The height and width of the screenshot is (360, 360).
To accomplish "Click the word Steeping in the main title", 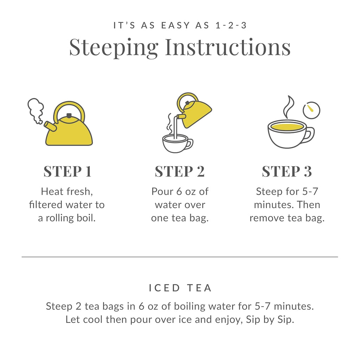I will tap(114, 47).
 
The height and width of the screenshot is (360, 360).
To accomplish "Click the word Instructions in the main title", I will tap(228, 47).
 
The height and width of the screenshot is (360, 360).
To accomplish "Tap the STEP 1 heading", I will tap(67, 172).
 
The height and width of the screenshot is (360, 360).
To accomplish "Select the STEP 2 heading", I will tap(180, 172).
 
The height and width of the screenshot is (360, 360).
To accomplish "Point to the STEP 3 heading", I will tap(287, 172).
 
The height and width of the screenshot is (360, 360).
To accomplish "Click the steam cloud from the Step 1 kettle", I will tap(35, 110).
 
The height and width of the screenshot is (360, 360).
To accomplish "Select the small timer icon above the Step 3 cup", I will tap(311, 110).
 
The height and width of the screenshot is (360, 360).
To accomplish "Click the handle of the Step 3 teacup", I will tap(308, 135).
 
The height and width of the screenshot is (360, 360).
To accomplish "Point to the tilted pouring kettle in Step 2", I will tap(194, 110).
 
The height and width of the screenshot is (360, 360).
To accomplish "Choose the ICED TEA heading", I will tap(180, 288).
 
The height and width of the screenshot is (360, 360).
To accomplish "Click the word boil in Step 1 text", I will tap(88, 218).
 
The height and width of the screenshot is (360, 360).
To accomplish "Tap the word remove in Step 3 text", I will tap(266, 218).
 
